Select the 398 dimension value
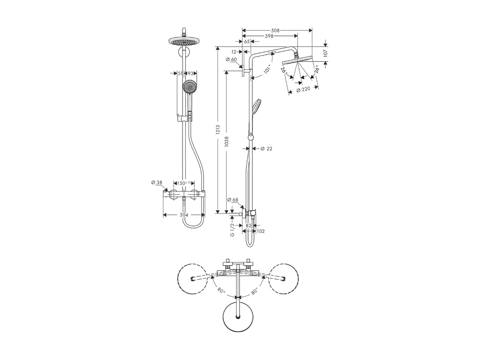coord(270,36)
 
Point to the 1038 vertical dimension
coord(226,141)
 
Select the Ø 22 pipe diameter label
coord(266,149)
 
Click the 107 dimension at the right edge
coord(325,52)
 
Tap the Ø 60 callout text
coord(231,60)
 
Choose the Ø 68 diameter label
coord(233,200)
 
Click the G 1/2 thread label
coord(232,230)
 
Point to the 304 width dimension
coord(184,215)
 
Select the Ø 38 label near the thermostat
coord(157,183)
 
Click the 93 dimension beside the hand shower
coord(190,73)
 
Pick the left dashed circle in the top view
coord(193,279)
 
